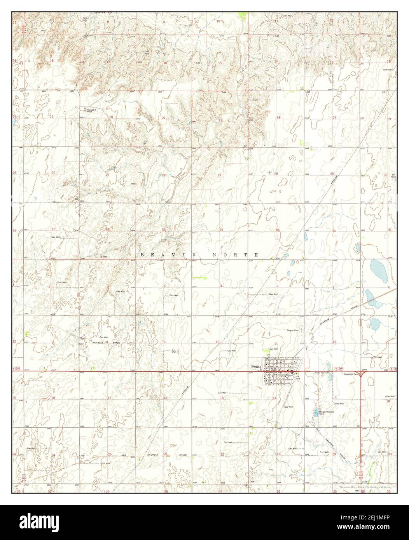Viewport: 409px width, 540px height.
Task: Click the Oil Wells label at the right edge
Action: (393, 176)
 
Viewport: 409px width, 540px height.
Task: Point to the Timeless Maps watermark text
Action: (362, 487)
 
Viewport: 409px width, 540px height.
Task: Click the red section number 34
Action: (222, 230)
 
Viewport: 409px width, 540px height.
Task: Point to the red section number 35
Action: (278, 230)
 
